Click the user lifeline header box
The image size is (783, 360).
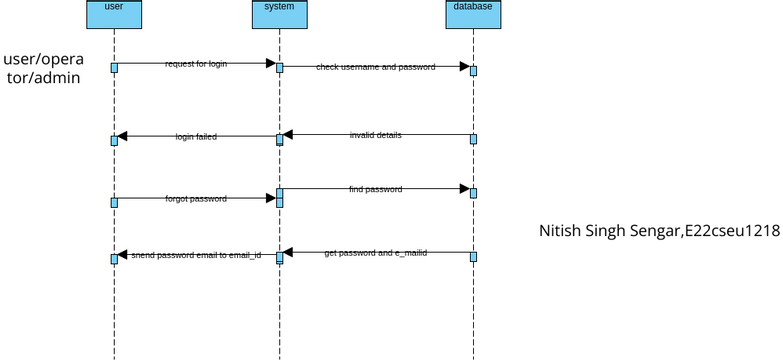pos(114,12)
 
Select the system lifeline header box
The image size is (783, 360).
pos(279,12)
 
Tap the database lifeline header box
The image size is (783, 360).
pos(471,12)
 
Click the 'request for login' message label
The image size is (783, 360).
pos(196,64)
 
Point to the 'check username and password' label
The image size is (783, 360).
pos(375,67)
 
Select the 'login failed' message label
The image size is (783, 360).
pos(196,136)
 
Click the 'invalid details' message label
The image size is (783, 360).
pos(375,134)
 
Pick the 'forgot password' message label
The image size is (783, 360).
pos(196,199)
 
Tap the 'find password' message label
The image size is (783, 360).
pos(375,189)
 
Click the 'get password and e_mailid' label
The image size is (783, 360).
pos(375,253)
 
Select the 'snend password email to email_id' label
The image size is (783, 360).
pos(196,255)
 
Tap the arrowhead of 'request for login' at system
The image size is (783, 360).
pos(270,63)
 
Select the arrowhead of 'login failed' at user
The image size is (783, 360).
pos(122,136)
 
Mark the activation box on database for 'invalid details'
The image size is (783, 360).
pos(473,138)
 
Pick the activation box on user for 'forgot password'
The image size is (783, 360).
pos(114,202)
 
